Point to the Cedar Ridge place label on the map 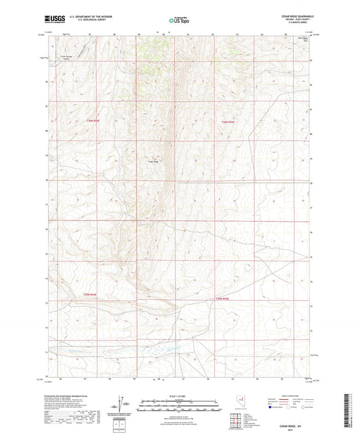click(153, 161)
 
